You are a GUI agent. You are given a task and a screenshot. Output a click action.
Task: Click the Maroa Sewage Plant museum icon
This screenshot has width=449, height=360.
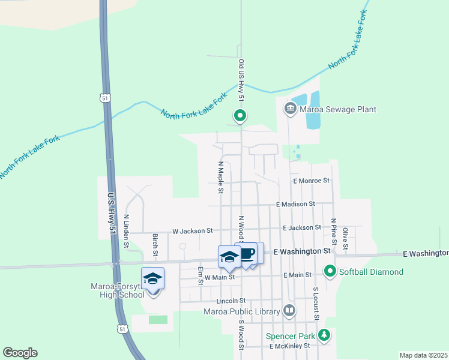pyautogui.click(x=291, y=109)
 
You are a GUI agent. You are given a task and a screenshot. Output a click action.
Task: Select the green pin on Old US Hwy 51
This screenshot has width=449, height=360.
pyautogui.click(x=240, y=115)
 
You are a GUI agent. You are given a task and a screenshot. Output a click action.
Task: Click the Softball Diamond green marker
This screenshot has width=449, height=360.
pyautogui.click(x=330, y=272)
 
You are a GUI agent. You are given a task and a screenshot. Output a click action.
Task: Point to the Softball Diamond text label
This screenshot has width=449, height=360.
pyautogui.click(x=371, y=272)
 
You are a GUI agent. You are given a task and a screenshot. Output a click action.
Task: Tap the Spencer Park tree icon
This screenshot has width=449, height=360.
pyautogui.click(x=324, y=334)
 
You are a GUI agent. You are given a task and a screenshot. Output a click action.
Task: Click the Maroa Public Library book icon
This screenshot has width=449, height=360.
pyautogui.click(x=289, y=311)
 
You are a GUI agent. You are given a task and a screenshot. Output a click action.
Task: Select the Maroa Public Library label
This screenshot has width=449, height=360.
pyautogui.click(x=242, y=311)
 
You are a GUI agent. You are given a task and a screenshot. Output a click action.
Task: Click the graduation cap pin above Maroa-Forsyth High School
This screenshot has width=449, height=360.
pyautogui.click(x=152, y=279)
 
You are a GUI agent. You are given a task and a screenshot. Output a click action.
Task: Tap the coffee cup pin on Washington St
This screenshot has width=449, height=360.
pyautogui.click(x=247, y=253)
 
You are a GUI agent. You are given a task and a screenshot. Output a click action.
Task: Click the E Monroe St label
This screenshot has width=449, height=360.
pyautogui.click(x=312, y=180)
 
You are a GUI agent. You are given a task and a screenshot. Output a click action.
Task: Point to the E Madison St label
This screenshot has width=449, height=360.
pyautogui.click(x=296, y=204)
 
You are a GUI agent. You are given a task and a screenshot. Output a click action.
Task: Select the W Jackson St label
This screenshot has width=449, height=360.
pyautogui.click(x=192, y=230)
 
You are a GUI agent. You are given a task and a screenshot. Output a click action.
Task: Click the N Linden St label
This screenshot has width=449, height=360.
pyautogui.click(x=127, y=231)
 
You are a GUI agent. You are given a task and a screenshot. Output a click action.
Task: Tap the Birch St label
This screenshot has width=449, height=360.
pyautogui.click(x=155, y=244)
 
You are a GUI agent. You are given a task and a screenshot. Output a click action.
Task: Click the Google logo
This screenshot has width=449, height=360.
pyautogui.click(x=20, y=353)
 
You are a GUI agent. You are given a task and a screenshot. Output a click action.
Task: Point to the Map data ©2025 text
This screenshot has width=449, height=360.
pyautogui.click(x=423, y=355)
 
